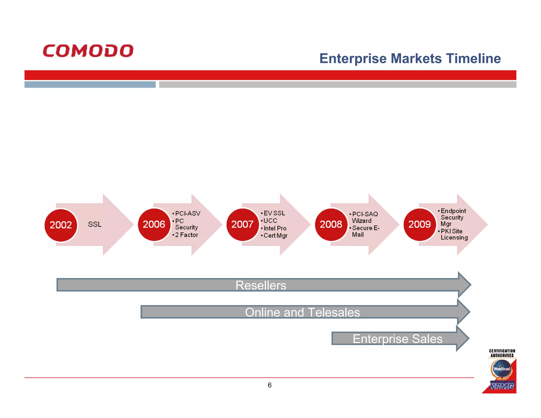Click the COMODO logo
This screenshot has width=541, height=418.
[88, 51]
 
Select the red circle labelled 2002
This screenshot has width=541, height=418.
[61, 225]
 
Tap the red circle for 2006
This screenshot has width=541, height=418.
[154, 224]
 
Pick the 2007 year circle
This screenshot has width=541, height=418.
[242, 224]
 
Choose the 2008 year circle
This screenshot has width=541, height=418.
[331, 224]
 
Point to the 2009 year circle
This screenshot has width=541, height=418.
[419, 224]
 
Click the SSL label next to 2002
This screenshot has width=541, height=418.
[95, 224]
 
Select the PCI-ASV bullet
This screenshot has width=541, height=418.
[188, 213]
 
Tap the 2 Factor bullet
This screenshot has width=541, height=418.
[186, 235]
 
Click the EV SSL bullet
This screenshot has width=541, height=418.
[274, 213]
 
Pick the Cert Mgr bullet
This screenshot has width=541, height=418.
[275, 235]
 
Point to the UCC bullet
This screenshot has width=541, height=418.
[270, 221]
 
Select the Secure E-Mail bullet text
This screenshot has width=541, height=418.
[365, 231]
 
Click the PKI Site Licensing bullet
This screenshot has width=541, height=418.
[454, 234]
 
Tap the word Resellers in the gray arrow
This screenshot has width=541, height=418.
[261, 285]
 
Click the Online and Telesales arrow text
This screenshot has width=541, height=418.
[302, 312]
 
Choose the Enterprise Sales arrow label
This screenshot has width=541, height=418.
[397, 339]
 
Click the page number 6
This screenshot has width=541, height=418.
[269, 385]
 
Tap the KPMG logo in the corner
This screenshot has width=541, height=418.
[502, 386]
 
